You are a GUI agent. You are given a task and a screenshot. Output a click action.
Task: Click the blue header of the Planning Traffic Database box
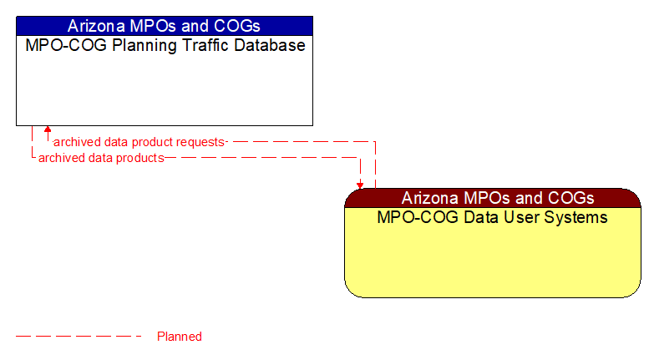pos(164,25)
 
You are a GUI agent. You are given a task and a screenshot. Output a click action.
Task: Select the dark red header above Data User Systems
pos(493,198)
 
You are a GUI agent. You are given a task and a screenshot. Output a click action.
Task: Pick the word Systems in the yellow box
pos(578,218)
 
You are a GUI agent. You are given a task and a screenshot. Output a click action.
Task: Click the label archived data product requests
pos(139,142)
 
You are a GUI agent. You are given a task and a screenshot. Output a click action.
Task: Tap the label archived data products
pos(101,157)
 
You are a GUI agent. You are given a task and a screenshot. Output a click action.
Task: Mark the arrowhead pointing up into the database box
pos(48,130)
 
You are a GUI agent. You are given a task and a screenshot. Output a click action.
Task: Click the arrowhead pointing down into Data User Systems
pos(360,185)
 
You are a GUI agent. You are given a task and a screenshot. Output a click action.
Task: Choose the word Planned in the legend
pos(180,337)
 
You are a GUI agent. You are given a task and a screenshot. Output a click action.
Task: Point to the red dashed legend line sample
pos(79,337)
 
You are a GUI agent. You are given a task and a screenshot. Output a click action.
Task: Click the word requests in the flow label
pos(200,142)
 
